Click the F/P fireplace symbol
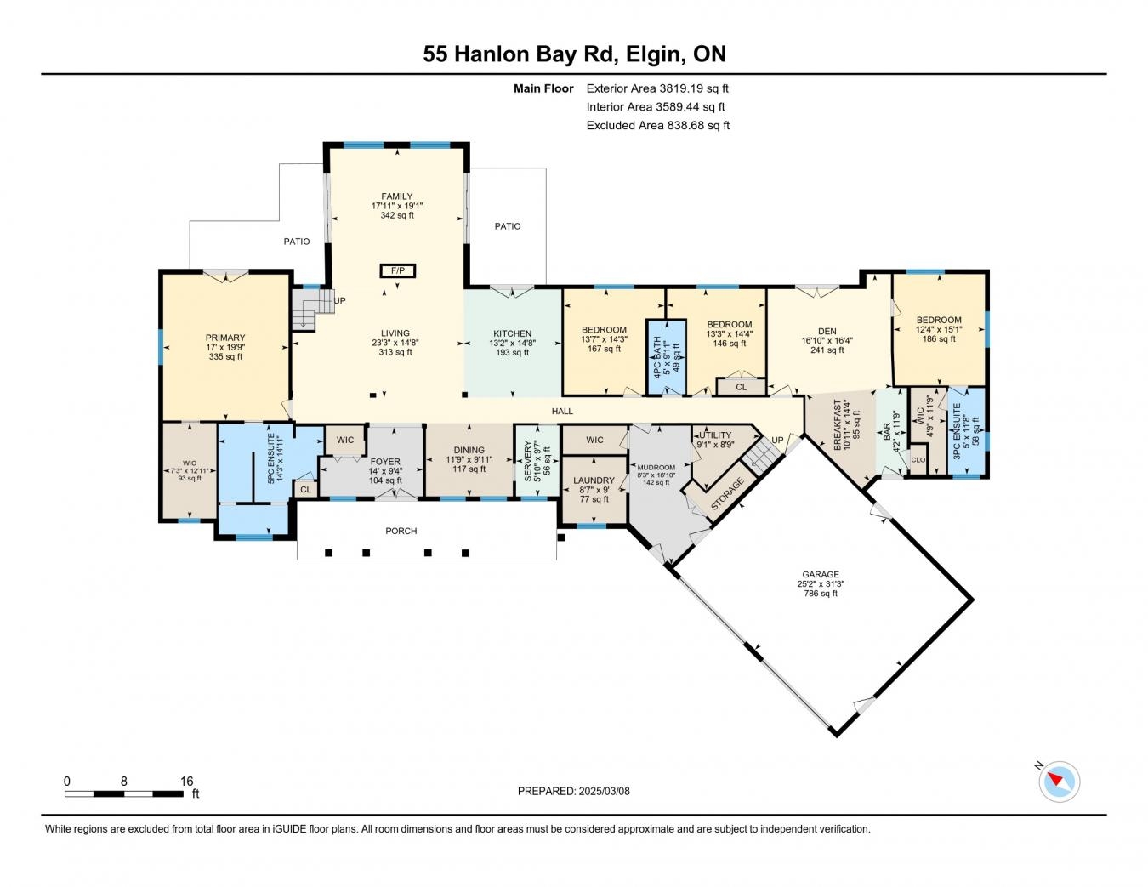click(397, 271)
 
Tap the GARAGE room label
click(820, 574)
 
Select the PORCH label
click(401, 531)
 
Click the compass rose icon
click(1059, 782)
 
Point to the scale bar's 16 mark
click(186, 781)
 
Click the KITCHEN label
click(512, 333)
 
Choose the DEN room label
click(827, 331)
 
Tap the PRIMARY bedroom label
click(225, 338)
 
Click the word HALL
click(562, 411)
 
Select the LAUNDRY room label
click(594, 480)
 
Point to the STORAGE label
click(727, 493)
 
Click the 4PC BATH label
click(657, 357)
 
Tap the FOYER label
click(385, 461)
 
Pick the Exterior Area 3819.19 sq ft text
click(657, 88)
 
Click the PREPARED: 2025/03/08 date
click(573, 791)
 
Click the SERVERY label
click(528, 461)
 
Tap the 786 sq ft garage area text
click(820, 594)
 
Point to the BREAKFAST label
click(837, 424)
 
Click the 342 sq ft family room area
click(397, 215)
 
